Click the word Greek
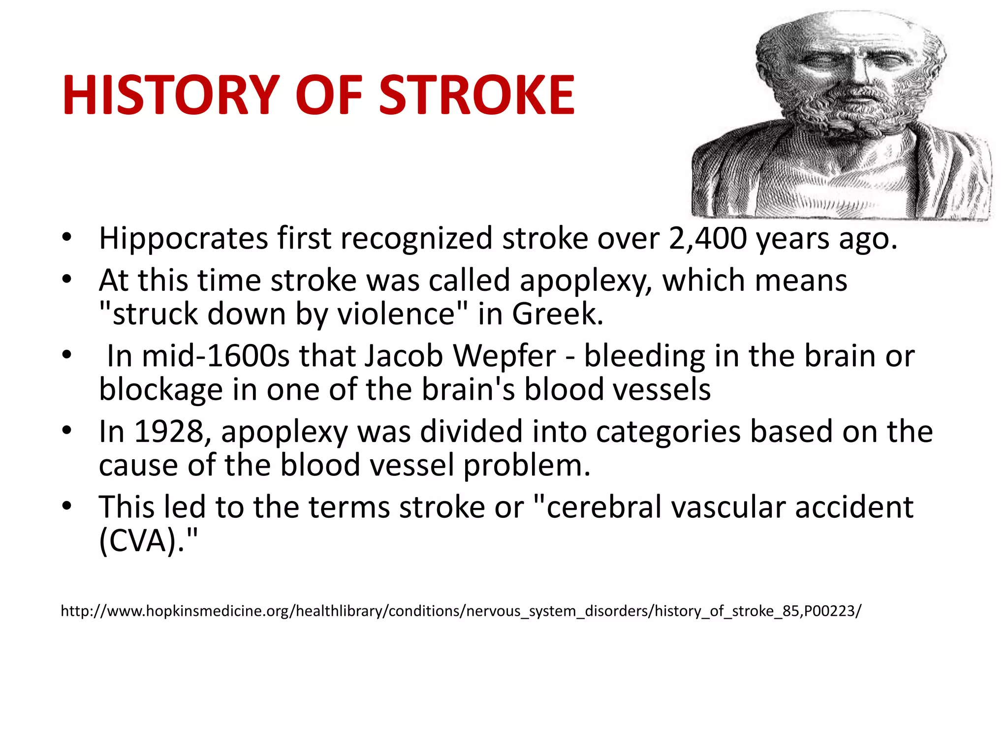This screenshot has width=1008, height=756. coord(557,315)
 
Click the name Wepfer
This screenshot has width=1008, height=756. coord(504,356)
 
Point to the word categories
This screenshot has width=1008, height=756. coord(668,432)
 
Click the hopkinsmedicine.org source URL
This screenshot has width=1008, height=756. coord(461,611)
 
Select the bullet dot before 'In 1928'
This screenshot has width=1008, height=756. coord(67,431)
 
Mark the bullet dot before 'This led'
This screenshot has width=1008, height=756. coord(67,506)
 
